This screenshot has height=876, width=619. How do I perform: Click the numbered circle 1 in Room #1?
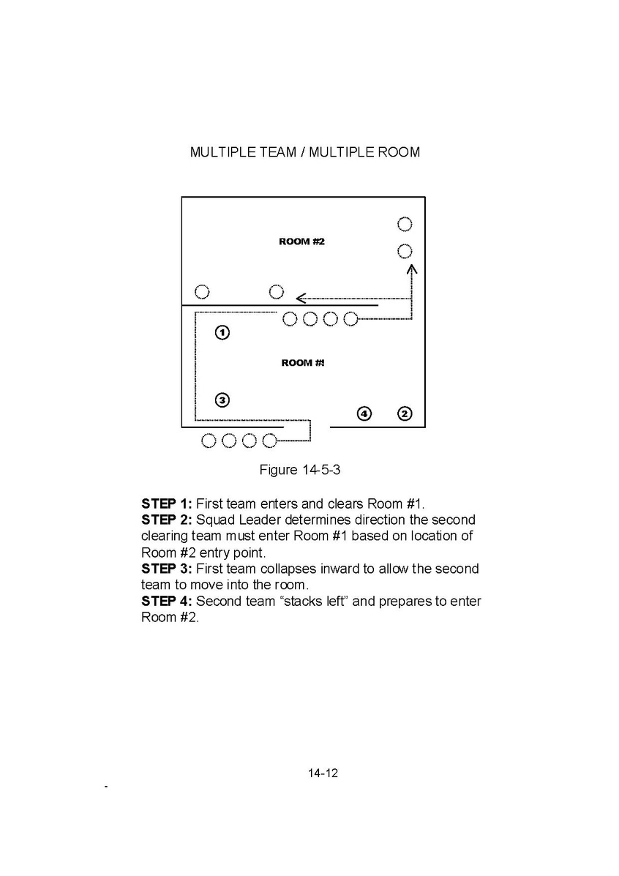click(222, 333)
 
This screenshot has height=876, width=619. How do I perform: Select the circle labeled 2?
click(405, 413)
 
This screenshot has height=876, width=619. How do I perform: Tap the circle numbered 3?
click(222, 400)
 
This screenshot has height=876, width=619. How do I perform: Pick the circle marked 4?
click(364, 413)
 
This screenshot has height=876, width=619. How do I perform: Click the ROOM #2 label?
click(301, 242)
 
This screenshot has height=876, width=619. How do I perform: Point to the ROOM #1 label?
click(303, 363)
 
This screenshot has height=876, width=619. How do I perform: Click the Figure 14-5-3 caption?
click(300, 469)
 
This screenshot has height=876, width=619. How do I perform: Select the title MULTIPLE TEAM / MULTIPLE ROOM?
click(305, 152)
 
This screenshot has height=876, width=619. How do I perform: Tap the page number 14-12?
click(323, 774)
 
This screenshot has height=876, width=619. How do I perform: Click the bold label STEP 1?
click(167, 503)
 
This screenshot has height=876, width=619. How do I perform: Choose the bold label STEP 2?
click(167, 520)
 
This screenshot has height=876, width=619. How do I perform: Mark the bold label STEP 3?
click(167, 569)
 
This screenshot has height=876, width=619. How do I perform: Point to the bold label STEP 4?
click(167, 602)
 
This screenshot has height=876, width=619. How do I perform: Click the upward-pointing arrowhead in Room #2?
click(412, 269)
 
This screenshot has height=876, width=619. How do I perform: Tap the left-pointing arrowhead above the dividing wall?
click(301, 299)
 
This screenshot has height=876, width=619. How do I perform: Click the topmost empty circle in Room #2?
click(405, 224)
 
